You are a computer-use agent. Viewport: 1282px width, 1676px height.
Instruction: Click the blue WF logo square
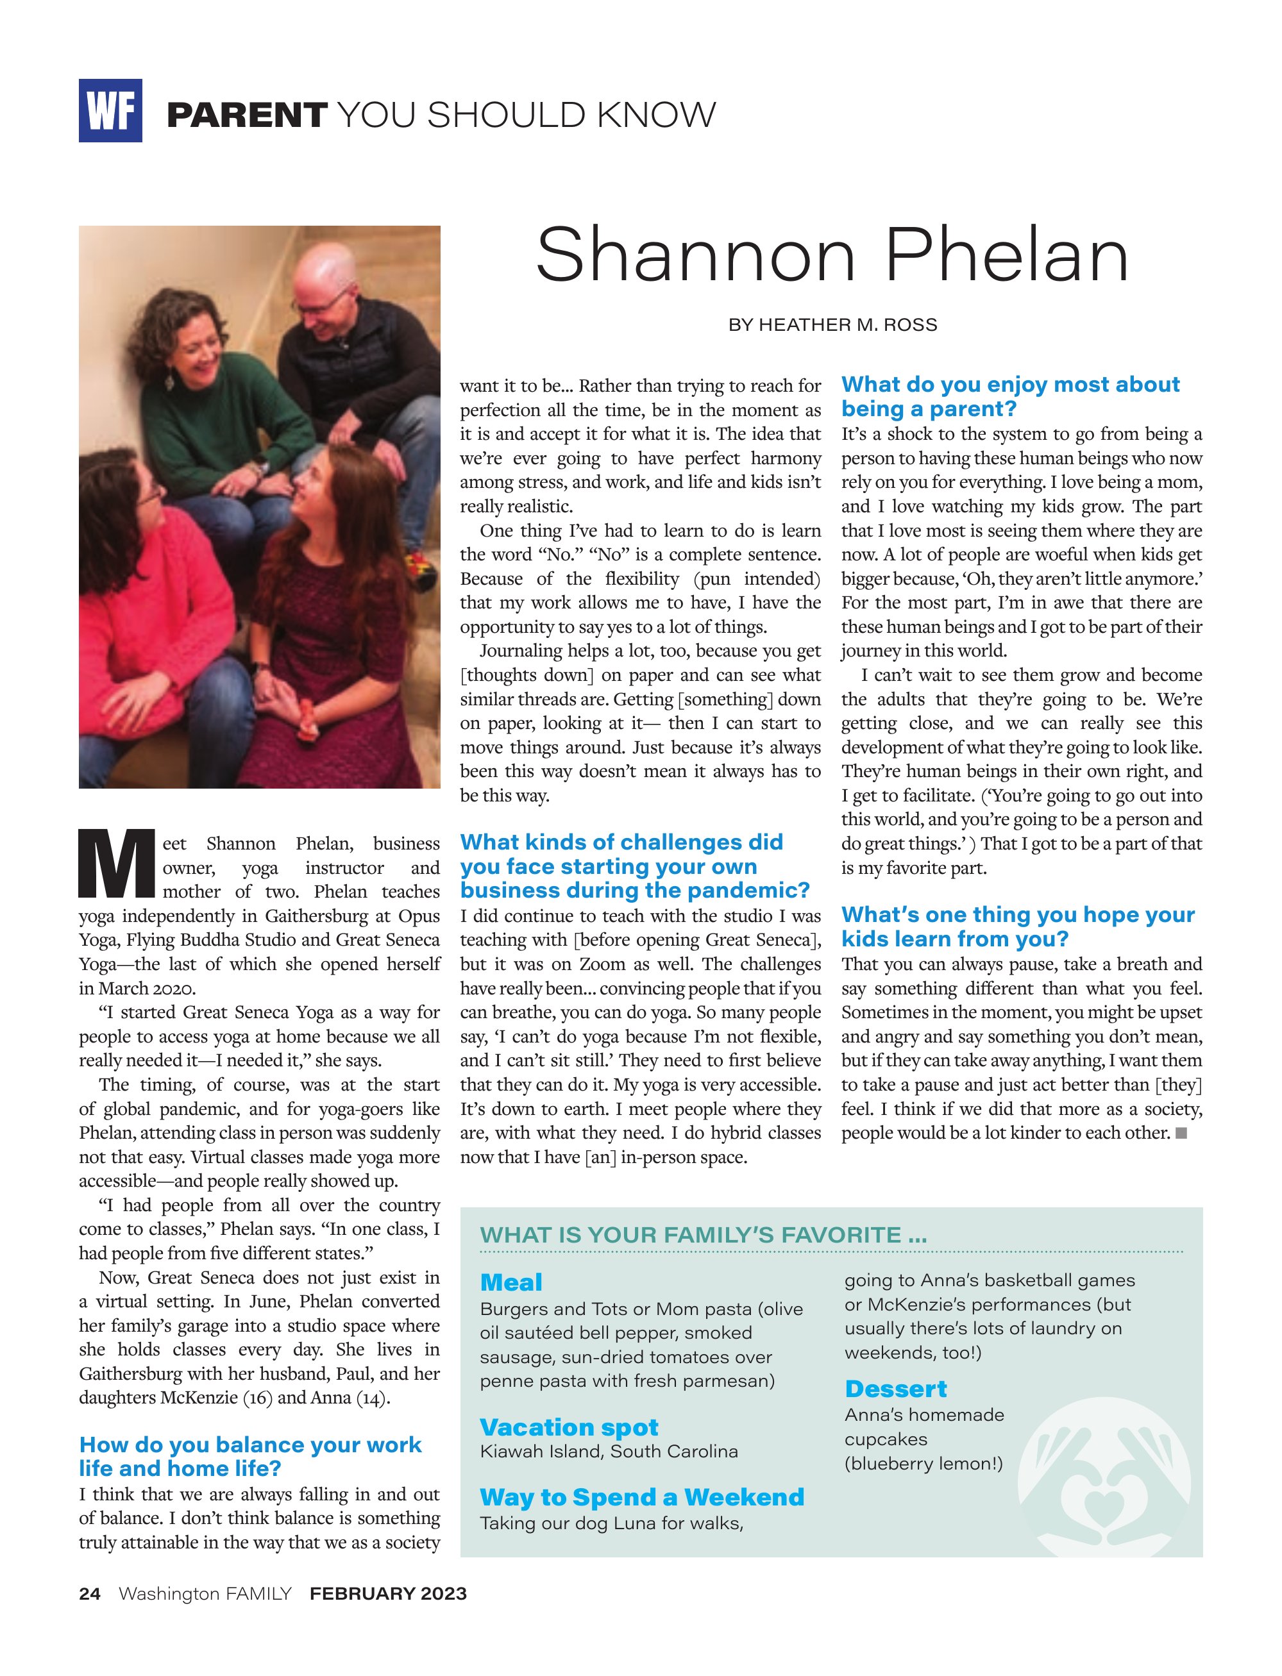click(x=110, y=111)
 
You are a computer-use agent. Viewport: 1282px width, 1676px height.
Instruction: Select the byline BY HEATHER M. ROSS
click(x=832, y=325)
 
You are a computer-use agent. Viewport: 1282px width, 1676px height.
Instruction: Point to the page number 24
click(x=89, y=1594)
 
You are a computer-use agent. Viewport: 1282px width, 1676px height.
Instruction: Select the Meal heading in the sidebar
click(x=511, y=1282)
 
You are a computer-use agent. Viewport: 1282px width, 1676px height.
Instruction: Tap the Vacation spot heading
click(x=568, y=1427)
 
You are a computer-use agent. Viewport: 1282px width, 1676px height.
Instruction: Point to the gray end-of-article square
click(x=1181, y=1134)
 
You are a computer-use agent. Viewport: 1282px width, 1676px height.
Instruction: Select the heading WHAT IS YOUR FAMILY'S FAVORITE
click(x=703, y=1235)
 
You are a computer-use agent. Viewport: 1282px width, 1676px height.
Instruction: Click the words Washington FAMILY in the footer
click(x=205, y=1594)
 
